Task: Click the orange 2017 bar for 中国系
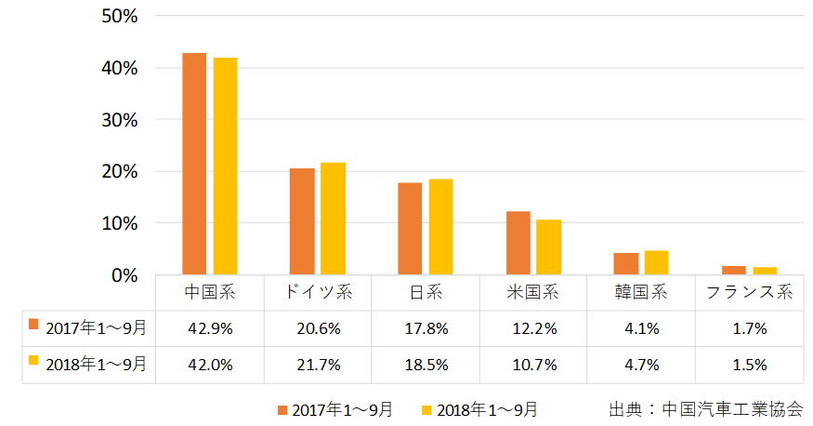[x=194, y=164]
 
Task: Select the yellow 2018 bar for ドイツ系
[x=333, y=219]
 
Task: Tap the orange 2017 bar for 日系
[x=410, y=229]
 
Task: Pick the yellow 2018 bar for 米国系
[x=548, y=247]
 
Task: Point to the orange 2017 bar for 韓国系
[x=625, y=264]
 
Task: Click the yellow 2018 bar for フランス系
[x=765, y=271]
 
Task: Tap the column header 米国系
[x=532, y=292]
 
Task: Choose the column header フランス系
[x=748, y=292]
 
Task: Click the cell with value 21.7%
[x=318, y=364]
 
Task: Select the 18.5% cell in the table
[x=426, y=364]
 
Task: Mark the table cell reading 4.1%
[x=640, y=327]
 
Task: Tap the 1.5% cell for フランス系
[x=748, y=364]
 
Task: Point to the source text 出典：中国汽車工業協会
[x=705, y=409]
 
